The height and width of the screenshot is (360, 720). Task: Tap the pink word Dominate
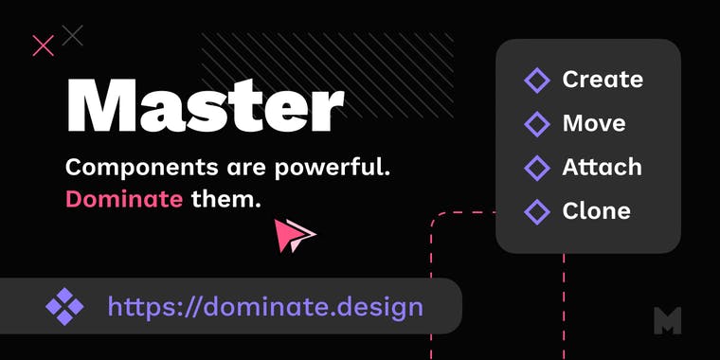(x=123, y=199)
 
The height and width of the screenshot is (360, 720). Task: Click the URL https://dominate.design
(x=265, y=306)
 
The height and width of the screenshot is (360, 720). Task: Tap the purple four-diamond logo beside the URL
(x=64, y=306)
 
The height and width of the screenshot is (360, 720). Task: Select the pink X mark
(x=43, y=45)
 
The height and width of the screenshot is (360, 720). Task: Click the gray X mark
(x=72, y=36)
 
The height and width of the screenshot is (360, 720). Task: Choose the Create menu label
(x=603, y=80)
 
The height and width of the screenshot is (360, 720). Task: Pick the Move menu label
(x=594, y=123)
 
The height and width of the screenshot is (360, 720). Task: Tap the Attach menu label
(x=602, y=167)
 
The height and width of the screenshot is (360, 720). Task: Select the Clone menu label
(x=596, y=210)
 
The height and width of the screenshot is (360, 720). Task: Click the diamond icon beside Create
(x=537, y=81)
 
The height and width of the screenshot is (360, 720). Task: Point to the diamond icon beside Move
(x=537, y=124)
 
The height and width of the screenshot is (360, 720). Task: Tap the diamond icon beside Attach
(x=537, y=168)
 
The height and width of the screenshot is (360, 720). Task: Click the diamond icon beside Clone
(x=537, y=211)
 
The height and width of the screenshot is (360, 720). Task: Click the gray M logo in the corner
(x=668, y=320)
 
